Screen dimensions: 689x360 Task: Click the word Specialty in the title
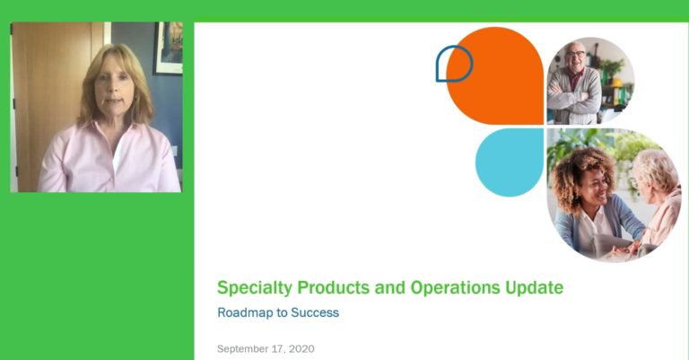coord(255,288)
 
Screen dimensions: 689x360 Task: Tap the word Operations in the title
coord(455,288)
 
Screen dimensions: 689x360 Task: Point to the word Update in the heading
coord(535,288)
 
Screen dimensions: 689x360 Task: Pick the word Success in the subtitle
coord(315,312)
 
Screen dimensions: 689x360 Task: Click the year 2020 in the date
coord(301,349)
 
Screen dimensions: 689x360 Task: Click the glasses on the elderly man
coord(575,55)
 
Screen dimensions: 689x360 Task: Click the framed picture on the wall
coord(169,48)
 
